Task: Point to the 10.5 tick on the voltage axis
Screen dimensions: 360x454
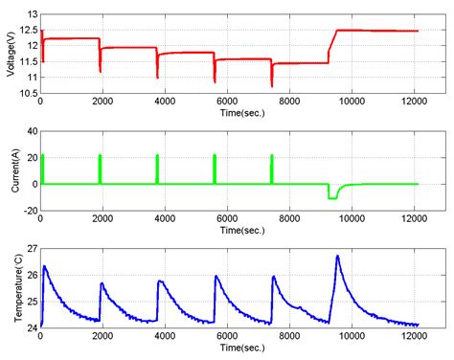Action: [27, 92]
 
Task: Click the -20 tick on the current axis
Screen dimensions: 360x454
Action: [29, 210]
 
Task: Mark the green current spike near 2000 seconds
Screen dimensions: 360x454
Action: [100, 168]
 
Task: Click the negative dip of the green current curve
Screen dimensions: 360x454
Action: [332, 196]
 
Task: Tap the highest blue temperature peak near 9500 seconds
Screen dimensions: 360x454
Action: [337, 257]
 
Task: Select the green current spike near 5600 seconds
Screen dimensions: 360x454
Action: [215, 168]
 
